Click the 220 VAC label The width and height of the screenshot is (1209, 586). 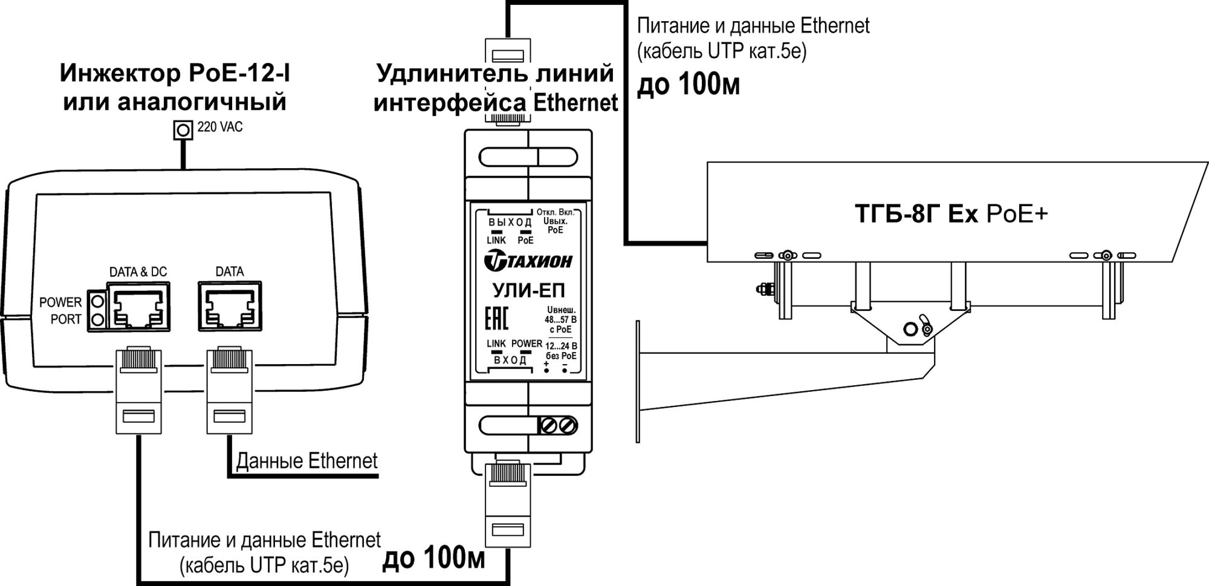pyautogui.click(x=219, y=128)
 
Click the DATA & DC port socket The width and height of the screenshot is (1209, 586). pyautogui.click(x=138, y=308)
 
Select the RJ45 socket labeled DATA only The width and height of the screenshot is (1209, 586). pyautogui.click(x=230, y=307)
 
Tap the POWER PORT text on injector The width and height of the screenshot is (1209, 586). pyautogui.click(x=60, y=311)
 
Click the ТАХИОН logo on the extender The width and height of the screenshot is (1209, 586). pyautogui.click(x=528, y=261)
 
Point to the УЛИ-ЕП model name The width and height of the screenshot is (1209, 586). pyautogui.click(x=528, y=291)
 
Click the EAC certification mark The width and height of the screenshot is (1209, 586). pyautogui.click(x=496, y=318)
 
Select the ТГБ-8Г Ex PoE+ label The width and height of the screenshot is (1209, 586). pyautogui.click(x=951, y=214)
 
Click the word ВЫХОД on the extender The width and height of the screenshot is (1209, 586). pyautogui.click(x=510, y=223)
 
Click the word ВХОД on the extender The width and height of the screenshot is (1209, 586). pyautogui.click(x=510, y=360)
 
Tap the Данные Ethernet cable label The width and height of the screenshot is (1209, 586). pyautogui.click(x=306, y=461)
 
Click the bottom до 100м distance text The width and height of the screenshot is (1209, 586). pyautogui.click(x=433, y=558)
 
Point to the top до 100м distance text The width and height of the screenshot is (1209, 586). pyautogui.click(x=689, y=85)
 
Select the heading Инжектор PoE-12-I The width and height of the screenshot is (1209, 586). pyautogui.click(x=175, y=74)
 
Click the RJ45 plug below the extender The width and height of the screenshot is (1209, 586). pyautogui.click(x=508, y=502)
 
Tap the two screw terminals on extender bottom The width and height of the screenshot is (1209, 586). pyautogui.click(x=558, y=426)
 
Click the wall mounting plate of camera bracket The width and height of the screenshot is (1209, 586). pyautogui.click(x=638, y=382)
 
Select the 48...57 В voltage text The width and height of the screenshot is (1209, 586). pyautogui.click(x=560, y=319)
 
